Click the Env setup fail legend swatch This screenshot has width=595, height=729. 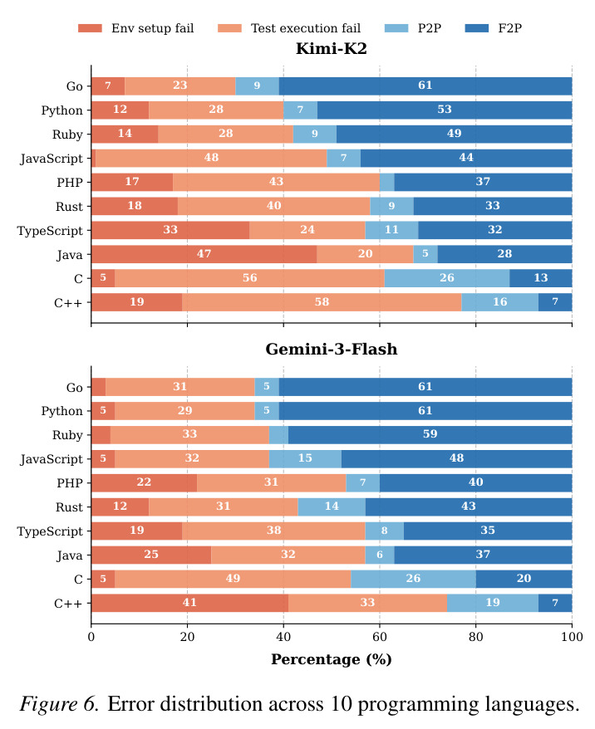[90, 28]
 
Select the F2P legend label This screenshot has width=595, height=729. [510, 28]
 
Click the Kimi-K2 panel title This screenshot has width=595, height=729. [332, 48]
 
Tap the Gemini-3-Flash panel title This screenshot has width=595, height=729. [332, 350]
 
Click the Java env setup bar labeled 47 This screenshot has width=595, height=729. [204, 254]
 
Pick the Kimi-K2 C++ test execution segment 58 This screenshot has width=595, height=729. [322, 302]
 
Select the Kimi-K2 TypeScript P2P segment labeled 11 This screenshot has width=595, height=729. [391, 230]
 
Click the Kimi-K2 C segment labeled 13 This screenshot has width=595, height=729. [541, 278]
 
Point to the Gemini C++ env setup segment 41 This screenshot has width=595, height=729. [189, 603]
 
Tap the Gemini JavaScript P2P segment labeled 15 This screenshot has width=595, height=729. [305, 458]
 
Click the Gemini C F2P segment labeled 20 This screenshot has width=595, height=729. [524, 579]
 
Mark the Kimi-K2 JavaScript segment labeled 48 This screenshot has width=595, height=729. [211, 158]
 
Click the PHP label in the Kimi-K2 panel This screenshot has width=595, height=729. [70, 183]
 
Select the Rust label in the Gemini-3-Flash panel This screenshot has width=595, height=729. [69, 506]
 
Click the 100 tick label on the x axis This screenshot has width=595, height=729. [573, 637]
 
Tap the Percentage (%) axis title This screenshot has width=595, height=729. [332, 659]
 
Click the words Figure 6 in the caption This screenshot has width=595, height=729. [59, 704]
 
